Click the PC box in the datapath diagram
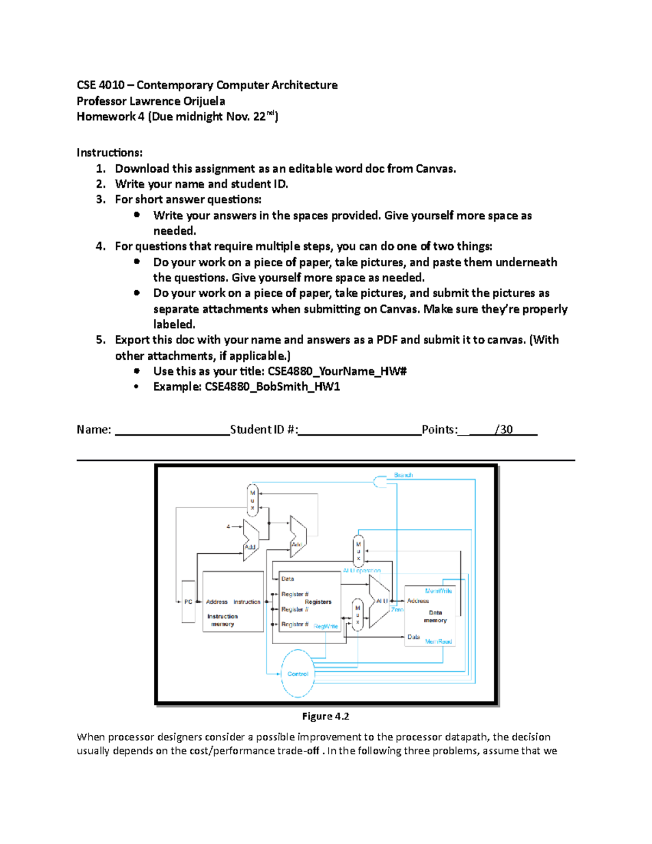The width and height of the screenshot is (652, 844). point(188,602)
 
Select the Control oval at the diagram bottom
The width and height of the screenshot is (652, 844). point(298,674)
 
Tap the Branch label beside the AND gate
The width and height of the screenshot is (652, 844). point(403,475)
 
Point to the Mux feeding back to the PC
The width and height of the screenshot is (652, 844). point(252,500)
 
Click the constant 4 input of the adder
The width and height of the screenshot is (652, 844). point(229,526)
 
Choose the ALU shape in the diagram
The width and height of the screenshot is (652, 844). point(379,601)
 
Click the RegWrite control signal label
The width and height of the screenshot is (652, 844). point(325,626)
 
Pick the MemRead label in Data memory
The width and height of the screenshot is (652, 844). point(438,641)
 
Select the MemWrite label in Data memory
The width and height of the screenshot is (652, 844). point(438,591)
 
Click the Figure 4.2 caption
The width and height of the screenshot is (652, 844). point(325,716)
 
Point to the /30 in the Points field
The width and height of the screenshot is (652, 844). point(504,429)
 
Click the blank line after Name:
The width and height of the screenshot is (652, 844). point(172,430)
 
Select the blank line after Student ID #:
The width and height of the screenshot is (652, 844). point(359,430)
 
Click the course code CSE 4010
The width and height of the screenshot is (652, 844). point(101,85)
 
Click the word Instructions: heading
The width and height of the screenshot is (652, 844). point(109,152)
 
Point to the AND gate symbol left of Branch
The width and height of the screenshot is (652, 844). point(380,482)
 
